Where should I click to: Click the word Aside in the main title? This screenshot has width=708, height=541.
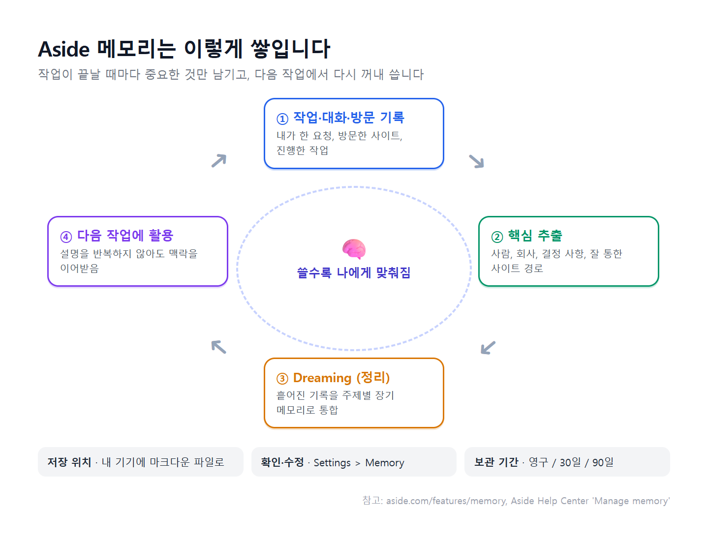tap(63, 49)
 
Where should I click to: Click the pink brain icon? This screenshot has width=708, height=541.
tap(354, 249)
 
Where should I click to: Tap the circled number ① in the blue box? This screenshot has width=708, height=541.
tap(282, 119)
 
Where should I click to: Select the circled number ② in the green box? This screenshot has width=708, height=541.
tap(497, 237)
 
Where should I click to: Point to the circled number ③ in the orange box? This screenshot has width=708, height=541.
tap(282, 379)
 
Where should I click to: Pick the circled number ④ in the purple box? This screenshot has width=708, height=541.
tap(66, 237)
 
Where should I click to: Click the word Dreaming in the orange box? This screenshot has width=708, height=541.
tap(322, 378)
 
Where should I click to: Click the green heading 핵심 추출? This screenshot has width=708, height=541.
tap(535, 236)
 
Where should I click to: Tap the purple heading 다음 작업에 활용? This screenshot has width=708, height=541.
tap(125, 236)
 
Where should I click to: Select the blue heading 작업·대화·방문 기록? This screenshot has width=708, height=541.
tap(349, 118)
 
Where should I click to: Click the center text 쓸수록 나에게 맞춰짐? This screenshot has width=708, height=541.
tap(354, 273)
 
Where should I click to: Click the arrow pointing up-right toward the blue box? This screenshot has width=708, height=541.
tap(219, 160)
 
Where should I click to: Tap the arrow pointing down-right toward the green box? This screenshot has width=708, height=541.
tap(476, 161)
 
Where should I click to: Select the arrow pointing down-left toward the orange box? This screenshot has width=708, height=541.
tap(488, 348)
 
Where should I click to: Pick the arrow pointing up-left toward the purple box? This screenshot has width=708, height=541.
tap(218, 347)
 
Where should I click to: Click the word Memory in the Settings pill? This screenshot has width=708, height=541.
tap(384, 463)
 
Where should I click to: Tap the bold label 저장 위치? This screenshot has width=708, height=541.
tap(69, 462)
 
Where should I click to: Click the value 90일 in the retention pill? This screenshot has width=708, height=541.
tap(603, 462)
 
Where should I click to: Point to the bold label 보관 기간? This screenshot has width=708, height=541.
tap(496, 462)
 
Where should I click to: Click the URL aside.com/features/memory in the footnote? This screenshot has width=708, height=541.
tap(446, 501)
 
